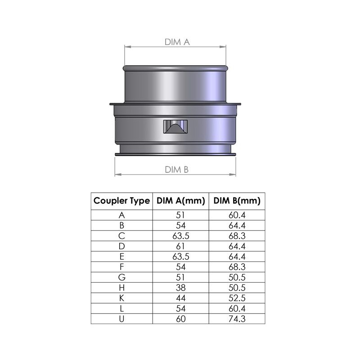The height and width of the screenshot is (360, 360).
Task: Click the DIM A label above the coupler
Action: [177, 42]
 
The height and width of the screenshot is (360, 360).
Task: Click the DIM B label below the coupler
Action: [176, 170]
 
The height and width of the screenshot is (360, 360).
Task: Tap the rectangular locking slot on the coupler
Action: [175, 126]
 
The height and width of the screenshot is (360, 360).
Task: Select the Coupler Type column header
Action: [121, 201]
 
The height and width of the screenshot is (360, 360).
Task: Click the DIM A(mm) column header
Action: [181, 201]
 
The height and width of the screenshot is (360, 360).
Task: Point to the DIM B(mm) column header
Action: [237, 201]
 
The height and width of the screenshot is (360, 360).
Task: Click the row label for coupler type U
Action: [121, 319]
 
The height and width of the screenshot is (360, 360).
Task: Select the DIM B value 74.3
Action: [237, 319]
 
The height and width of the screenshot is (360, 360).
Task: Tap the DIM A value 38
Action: [181, 288]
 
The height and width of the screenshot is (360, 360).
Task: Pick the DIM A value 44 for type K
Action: [181, 298]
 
